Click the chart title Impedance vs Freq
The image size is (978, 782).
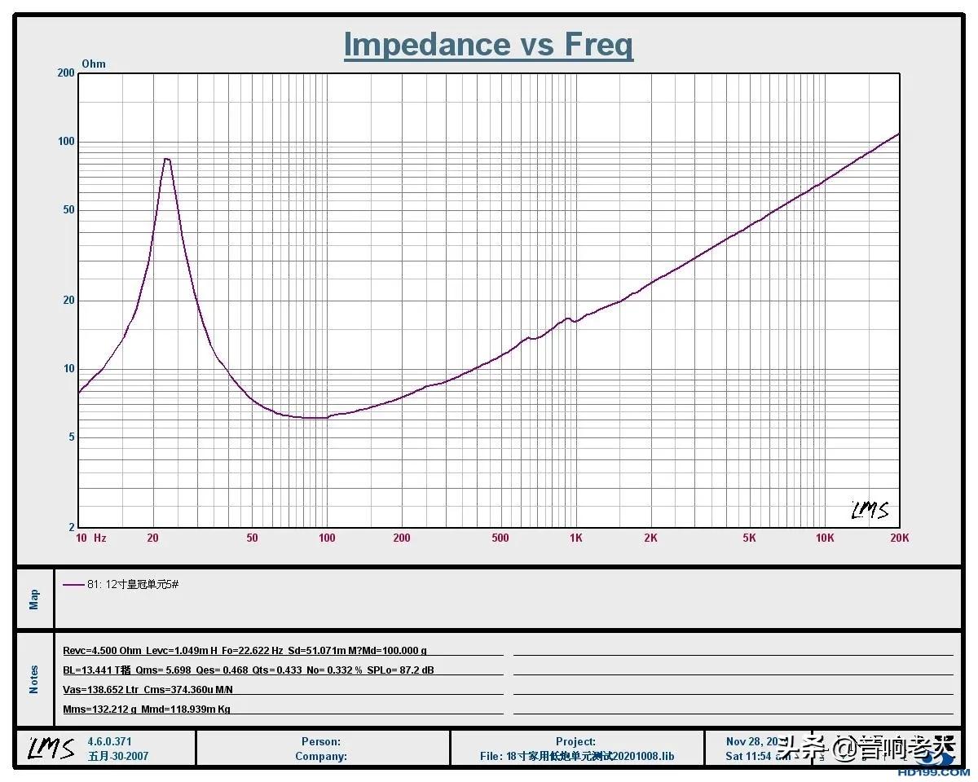pos(488,45)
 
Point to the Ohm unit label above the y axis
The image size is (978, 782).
pos(94,64)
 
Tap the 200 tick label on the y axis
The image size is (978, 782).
pos(65,73)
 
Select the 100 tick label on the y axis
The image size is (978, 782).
pos(65,142)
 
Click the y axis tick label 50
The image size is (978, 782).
pos(68,210)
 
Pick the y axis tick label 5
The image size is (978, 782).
pos(72,437)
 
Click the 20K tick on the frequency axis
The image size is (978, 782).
pos(900,538)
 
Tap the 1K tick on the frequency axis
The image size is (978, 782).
pos(576,538)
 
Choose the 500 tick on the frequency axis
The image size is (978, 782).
pos(500,538)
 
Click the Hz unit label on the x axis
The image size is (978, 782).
pos(100,538)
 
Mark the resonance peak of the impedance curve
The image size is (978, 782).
pos(167,159)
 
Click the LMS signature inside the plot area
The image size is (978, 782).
pos(870,511)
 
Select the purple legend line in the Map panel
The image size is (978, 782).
pos(73,584)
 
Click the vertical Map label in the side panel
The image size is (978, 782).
pos(34,600)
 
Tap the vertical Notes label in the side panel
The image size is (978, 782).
pos(34,679)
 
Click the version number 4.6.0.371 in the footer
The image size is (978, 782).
pos(109,742)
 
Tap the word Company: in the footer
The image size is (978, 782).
pos(321,756)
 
